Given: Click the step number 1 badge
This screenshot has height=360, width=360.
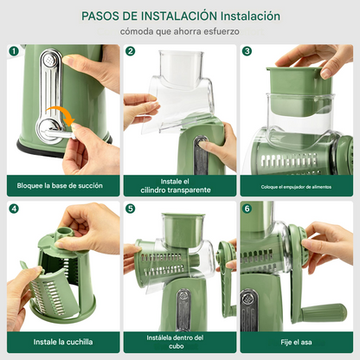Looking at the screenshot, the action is coord(14,51).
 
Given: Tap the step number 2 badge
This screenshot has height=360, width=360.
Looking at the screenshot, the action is coord(131,51).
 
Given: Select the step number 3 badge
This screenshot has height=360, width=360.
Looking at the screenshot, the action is coord(247,51).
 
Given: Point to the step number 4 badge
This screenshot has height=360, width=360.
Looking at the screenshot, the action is coord(14,209).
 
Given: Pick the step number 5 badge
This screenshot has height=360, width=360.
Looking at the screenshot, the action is coord(131,209).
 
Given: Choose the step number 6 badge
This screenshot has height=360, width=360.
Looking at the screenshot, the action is coord(247,209).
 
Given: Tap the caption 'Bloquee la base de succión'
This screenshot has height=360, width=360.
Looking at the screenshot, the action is coord(60,185).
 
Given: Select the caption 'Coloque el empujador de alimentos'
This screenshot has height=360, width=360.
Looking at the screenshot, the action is coord(296,187).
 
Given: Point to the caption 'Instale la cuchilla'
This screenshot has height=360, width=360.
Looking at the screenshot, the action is coord(63,342).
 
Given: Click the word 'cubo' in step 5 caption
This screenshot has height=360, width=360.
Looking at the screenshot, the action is coord(176,346).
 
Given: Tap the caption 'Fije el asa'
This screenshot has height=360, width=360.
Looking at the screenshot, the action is coord(296,342).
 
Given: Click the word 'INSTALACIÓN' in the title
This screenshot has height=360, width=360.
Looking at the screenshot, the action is coord(179,16).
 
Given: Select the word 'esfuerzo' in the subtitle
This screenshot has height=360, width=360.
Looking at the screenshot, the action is coord(222,31).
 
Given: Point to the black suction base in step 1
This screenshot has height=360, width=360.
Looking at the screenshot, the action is coord(64,148).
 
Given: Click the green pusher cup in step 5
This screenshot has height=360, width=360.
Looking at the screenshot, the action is coord(183,229).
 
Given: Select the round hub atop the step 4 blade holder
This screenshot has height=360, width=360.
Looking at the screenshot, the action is coord(66,231).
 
